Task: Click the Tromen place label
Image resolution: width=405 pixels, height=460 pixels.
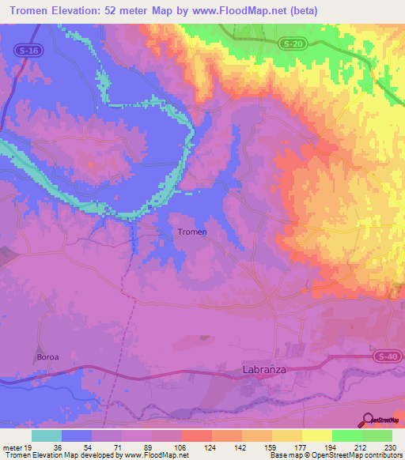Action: [192, 232]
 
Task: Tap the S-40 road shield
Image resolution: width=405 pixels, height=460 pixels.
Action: [387, 356]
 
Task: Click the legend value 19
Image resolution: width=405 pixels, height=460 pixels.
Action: [29, 447]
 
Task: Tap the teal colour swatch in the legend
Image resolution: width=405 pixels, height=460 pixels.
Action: [47, 435]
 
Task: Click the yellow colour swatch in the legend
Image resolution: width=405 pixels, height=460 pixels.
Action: [317, 435]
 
